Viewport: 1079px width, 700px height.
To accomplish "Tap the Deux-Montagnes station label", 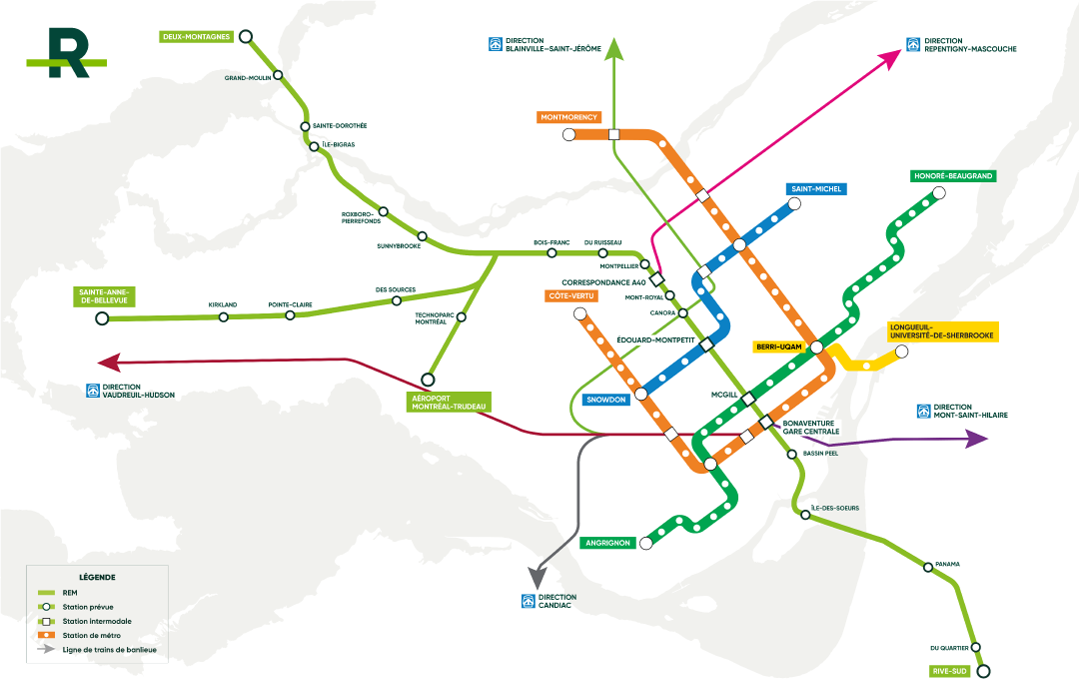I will click(196, 37).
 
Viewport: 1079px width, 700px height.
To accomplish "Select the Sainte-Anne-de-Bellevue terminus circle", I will click(101, 319).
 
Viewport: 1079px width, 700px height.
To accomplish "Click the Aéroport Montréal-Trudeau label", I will click(443, 402).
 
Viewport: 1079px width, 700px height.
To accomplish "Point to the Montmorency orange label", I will click(569, 117).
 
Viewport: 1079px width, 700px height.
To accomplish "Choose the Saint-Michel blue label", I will click(816, 189).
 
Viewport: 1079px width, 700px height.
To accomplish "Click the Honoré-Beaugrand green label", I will click(952, 176).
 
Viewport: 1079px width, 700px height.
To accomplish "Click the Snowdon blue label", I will click(607, 400).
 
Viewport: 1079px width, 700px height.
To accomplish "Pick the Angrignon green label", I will click(606, 543).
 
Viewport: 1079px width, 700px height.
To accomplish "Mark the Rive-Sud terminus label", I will click(949, 671).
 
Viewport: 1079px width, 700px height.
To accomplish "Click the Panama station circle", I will click(928, 567).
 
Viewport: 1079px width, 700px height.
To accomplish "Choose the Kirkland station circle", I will click(224, 317).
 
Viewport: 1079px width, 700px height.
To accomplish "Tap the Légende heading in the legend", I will click(96, 577).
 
